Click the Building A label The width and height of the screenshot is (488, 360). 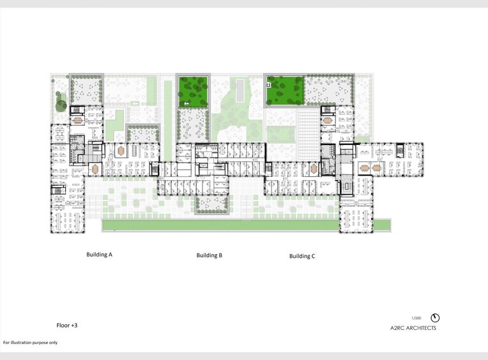(99, 254)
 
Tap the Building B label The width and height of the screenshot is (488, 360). (210, 255)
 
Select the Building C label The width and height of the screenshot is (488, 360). (302, 256)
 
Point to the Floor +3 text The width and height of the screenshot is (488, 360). (66, 325)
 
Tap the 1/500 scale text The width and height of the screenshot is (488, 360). (416, 317)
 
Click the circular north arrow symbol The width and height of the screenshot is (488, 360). (436, 317)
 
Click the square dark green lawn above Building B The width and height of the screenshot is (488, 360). (194, 91)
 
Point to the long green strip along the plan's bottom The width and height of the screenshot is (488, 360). (246, 225)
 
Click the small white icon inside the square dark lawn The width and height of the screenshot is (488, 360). (187, 103)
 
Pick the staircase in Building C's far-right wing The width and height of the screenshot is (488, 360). (400, 149)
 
